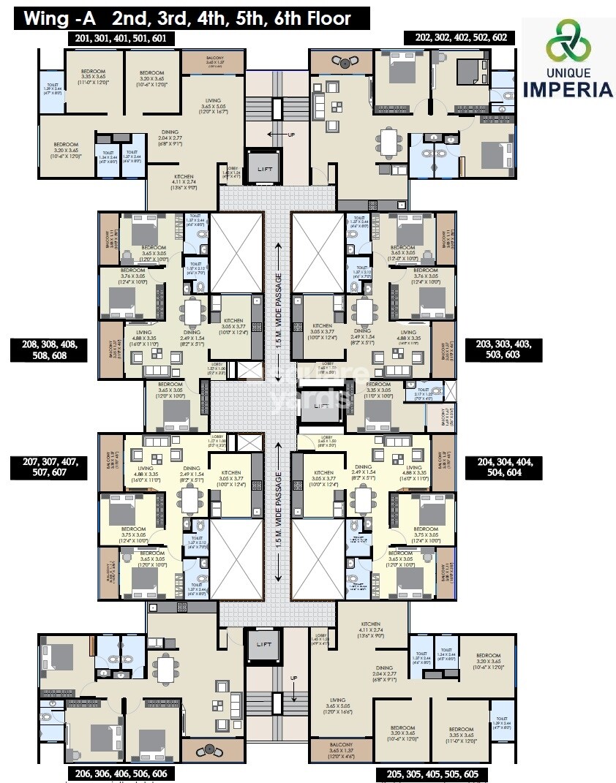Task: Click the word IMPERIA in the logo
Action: [568, 90]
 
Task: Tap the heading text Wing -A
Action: [61, 18]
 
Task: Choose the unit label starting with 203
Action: [503, 349]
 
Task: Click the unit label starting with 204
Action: [503, 468]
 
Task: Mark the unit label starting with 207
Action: [48, 468]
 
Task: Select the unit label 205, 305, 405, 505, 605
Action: [431, 773]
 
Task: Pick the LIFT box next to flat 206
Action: [262, 644]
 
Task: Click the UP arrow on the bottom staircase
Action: [293, 678]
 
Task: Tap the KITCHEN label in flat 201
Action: [184, 177]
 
